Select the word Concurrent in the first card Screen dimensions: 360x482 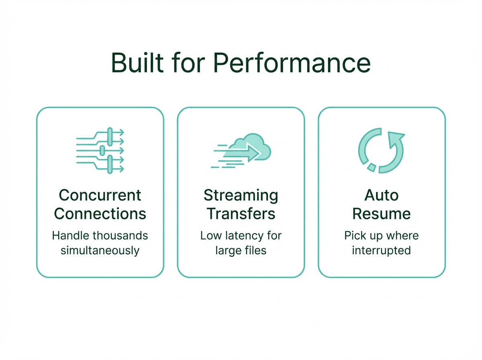(100, 196)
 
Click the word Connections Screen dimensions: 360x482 (100, 214)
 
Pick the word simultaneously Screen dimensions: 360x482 (100, 251)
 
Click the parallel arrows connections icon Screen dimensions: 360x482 (100, 150)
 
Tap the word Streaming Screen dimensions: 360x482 (241, 196)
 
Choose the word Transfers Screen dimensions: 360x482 (241, 214)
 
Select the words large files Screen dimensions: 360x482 (241, 251)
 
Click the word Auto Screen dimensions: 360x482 (381, 196)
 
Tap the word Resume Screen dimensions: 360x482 (381, 214)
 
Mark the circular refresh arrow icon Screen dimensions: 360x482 (381, 150)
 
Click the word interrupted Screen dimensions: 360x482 (381, 251)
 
